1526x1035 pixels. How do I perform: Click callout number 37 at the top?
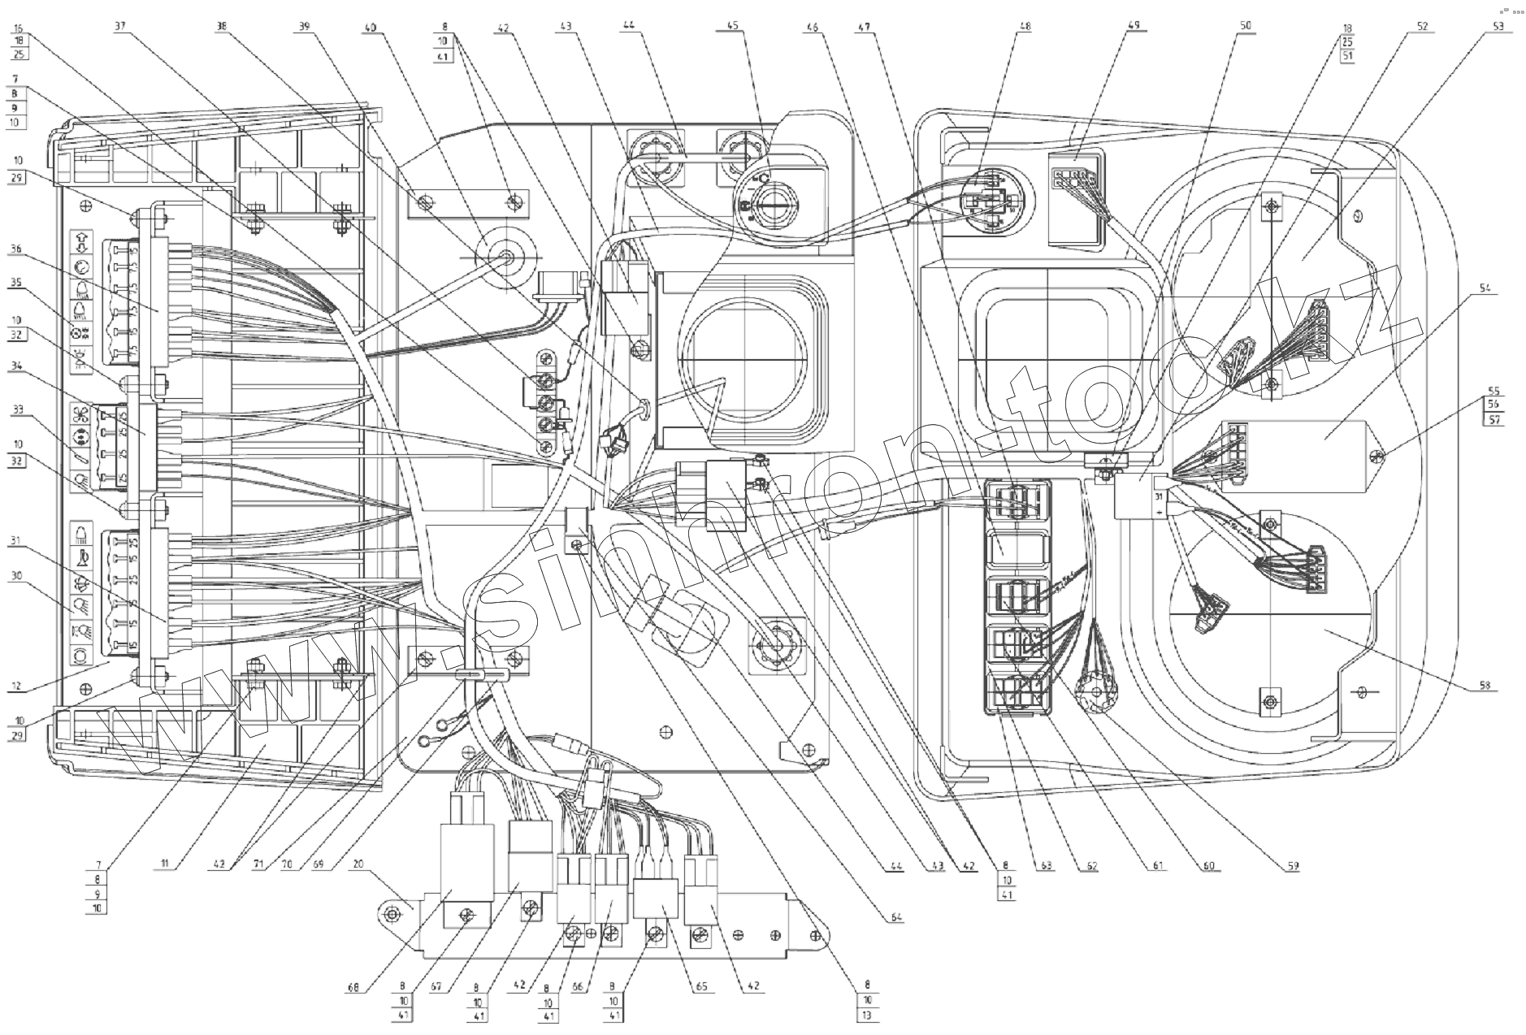point(120,25)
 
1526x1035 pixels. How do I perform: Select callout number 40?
point(370,25)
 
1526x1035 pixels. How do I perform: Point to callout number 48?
point(1025,25)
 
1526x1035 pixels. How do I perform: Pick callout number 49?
point(1134,25)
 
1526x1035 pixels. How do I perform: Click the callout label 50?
point(1244,25)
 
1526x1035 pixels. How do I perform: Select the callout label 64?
point(896,917)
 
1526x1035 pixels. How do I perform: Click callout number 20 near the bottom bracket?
point(358,866)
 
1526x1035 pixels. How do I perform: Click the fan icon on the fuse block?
point(80,414)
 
